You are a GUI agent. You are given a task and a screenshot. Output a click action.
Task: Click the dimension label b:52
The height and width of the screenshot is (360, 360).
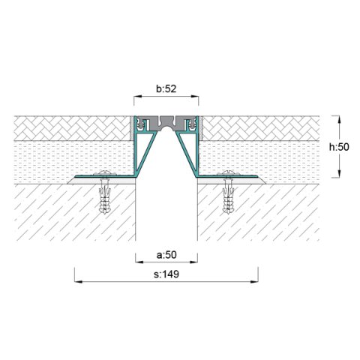(x=166, y=89)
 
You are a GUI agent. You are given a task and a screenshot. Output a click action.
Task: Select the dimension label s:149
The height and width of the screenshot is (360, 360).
(x=166, y=274)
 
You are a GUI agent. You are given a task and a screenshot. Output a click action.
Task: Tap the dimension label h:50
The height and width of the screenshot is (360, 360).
(x=342, y=147)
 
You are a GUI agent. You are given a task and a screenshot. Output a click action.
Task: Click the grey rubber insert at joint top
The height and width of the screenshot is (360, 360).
(x=166, y=121)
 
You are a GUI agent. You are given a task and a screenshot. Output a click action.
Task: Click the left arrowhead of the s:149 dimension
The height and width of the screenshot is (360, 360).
(x=76, y=282)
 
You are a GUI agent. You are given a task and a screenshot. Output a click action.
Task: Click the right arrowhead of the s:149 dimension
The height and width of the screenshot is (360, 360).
(x=256, y=282)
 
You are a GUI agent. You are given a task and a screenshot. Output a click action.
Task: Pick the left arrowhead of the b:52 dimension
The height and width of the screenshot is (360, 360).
(x=137, y=97)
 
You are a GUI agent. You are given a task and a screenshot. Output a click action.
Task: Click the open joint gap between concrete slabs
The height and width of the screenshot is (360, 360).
(x=166, y=210)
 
